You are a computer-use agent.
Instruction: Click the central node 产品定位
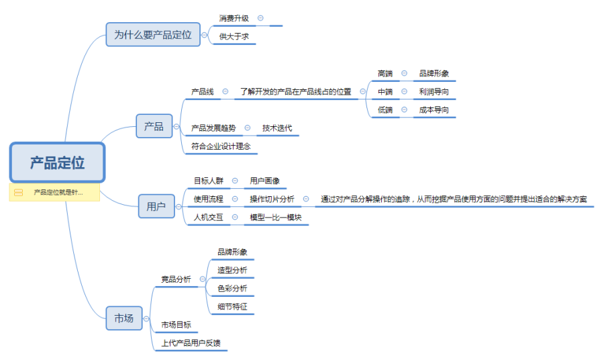57,163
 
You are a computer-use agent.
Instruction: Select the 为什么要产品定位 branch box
153,34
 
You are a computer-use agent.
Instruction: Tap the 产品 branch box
154,126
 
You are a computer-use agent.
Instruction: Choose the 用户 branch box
156,206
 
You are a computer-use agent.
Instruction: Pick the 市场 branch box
124,318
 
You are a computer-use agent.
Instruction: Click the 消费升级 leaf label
234,18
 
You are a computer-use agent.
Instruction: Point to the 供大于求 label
234,37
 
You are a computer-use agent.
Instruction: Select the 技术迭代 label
277,128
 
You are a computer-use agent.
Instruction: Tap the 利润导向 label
434,91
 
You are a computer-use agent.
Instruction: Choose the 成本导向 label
434,109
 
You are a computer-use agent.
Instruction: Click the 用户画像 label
264,181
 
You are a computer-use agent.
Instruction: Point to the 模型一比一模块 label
276,217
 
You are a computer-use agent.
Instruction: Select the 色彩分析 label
232,288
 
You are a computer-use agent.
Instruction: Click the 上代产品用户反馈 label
191,343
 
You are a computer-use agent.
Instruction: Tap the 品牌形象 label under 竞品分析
232,252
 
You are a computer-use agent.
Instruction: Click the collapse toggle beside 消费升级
260,18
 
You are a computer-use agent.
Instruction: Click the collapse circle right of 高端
404,73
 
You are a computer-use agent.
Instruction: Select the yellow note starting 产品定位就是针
54,193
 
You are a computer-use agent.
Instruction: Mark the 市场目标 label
176,324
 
